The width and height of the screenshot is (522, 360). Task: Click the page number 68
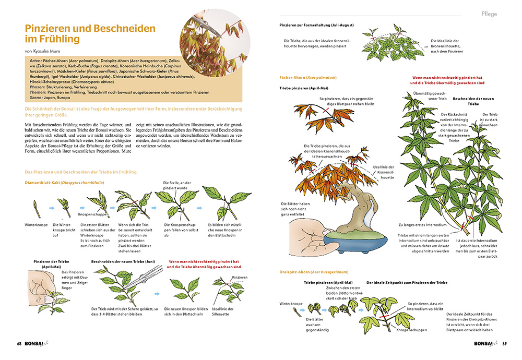click(19, 343)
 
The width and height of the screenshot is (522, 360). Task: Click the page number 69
click(505, 343)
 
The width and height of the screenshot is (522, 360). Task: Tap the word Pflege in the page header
click(489, 14)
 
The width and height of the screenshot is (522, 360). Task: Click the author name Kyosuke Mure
click(50, 51)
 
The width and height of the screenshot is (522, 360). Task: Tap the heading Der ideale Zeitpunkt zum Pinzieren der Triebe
click(407, 282)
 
